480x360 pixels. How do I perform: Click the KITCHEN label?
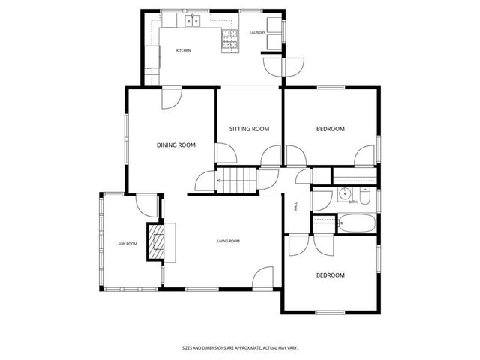tap(183, 50)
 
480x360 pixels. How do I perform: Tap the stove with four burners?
tap(229, 40)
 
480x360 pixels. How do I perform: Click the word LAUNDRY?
tap(257, 33)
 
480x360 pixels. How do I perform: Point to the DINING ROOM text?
tap(175, 145)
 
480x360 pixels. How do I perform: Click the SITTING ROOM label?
tap(249, 129)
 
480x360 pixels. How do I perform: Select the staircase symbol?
tap(237, 181)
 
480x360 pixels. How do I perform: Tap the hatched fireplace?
tap(157, 242)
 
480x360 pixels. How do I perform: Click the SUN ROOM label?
tap(127, 244)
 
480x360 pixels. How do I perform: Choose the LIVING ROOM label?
tap(228, 241)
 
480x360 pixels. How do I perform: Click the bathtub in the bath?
tap(357, 223)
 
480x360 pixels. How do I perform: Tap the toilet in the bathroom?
tap(364, 198)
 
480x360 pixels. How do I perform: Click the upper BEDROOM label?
tap(330, 129)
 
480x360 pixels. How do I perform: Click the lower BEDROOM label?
tap(330, 275)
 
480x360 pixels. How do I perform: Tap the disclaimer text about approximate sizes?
tap(239, 347)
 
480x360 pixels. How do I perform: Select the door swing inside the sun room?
tap(146, 205)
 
